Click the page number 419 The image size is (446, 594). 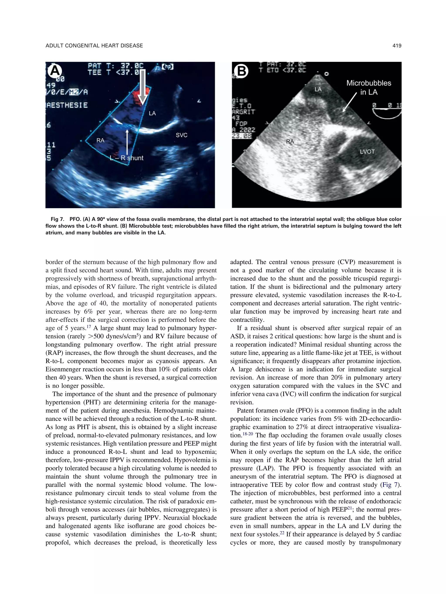pyautogui.click(x=397, y=46)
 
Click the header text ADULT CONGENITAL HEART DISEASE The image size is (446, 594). pyautogui.click(x=94, y=46)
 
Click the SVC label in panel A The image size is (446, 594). pyautogui.click(x=181, y=135)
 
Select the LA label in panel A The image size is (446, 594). pyautogui.click(x=152, y=113)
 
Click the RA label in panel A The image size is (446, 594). pyautogui.click(x=100, y=140)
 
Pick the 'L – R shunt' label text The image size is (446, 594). pyautogui.click(x=127, y=158)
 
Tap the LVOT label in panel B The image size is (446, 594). pyautogui.click(x=367, y=152)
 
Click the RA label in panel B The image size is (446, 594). pyautogui.click(x=290, y=142)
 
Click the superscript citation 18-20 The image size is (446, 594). pyautogui.click(x=248, y=434)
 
